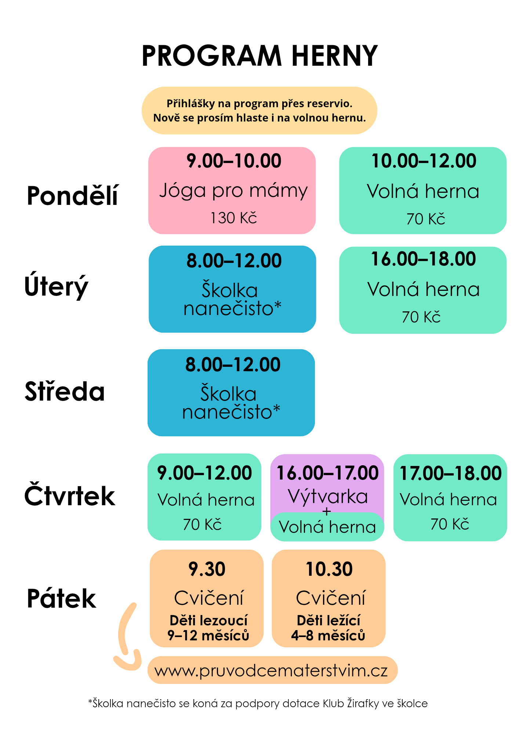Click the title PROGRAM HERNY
259,55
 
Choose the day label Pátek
61,598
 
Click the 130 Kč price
233,218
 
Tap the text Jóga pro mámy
233,191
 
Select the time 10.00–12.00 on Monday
424,161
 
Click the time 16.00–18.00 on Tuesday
423,259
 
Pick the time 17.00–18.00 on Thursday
450,473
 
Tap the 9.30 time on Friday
207,569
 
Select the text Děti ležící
329,621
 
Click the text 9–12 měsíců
208,635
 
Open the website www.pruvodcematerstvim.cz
271,671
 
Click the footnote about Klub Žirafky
258,704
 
